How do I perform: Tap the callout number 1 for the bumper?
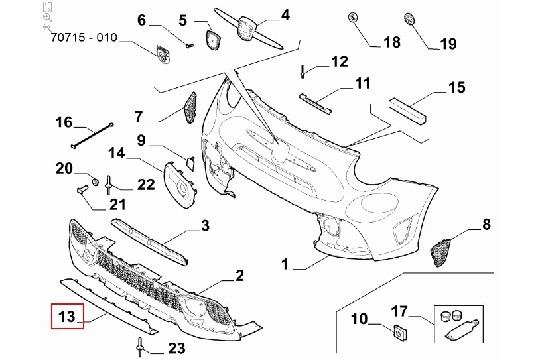click(285, 266)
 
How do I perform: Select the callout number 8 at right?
click(487, 228)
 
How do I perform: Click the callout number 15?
click(456, 89)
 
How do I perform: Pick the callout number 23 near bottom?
click(177, 347)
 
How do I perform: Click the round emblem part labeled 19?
click(410, 19)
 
